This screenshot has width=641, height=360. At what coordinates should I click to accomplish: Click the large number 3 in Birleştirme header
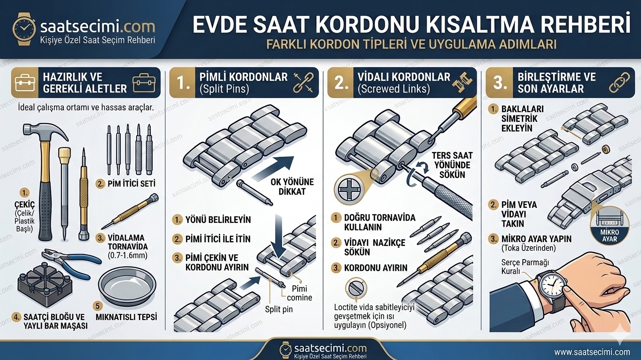(500, 83)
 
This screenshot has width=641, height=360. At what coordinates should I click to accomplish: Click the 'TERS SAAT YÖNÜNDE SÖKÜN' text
(453, 165)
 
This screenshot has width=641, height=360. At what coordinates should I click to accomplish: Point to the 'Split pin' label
(278, 310)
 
